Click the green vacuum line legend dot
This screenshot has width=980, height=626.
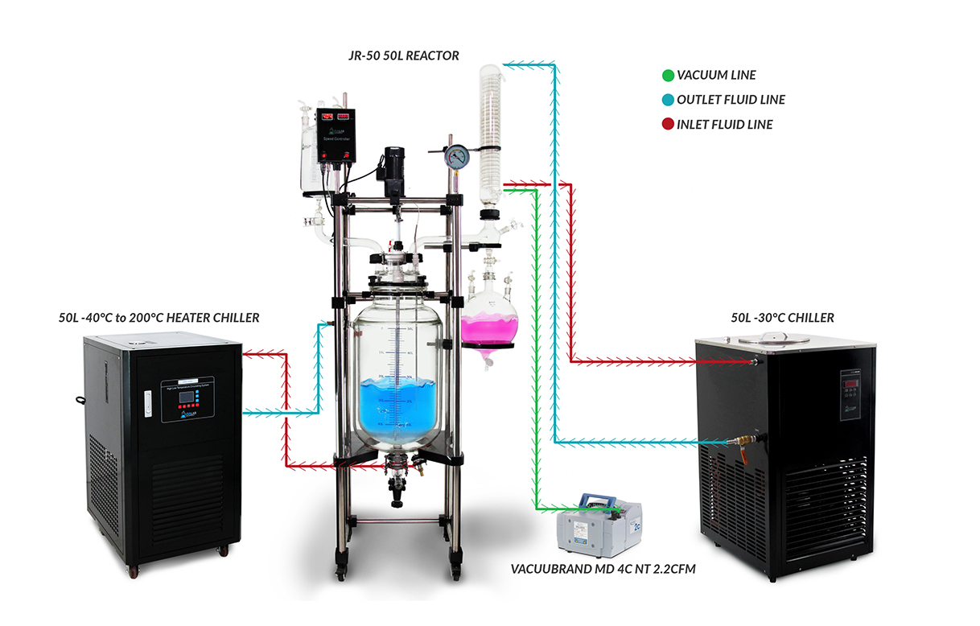(667, 76)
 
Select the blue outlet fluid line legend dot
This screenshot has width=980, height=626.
(667, 100)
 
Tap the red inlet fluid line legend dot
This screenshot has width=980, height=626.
(667, 124)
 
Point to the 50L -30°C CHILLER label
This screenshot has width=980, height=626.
(782, 318)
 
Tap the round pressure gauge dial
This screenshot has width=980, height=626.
(457, 156)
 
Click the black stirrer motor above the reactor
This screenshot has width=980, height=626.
(393, 165)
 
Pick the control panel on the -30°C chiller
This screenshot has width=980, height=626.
(851, 394)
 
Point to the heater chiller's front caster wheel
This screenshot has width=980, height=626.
(221, 550)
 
